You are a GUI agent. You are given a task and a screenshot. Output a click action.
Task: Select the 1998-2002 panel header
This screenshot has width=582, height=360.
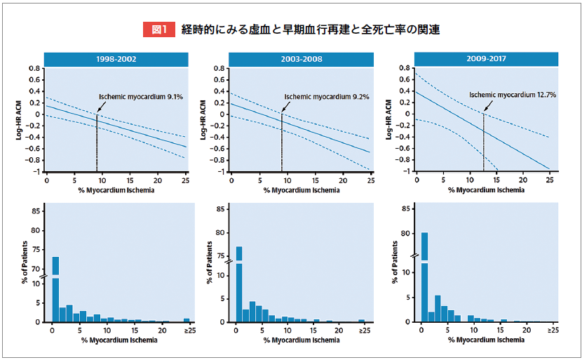point(117,59)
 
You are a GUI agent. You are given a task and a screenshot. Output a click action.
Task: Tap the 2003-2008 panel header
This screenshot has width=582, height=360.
point(302,59)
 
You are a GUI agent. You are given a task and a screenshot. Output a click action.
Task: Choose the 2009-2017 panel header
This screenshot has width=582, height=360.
point(487,59)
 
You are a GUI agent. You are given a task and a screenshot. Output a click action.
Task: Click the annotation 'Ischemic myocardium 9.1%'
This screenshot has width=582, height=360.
point(141,96)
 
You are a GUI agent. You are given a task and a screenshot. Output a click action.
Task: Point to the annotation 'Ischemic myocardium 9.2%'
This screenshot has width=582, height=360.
point(326,97)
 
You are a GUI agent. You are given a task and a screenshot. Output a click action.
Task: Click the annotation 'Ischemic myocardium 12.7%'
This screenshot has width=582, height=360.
point(513,94)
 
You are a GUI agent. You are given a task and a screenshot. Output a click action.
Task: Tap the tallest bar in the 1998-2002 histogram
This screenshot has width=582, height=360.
point(55,288)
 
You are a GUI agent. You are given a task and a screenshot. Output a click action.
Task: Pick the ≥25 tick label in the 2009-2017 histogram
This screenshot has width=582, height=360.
point(553,329)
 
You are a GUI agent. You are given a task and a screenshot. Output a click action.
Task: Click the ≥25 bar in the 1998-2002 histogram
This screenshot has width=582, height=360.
point(187,319)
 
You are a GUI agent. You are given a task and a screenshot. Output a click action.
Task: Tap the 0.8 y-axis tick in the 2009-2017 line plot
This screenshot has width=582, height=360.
point(404,68)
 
